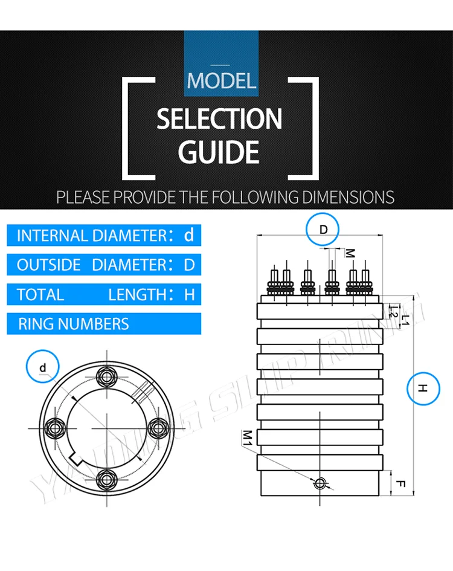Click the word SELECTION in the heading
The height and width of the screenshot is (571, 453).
(x=219, y=119)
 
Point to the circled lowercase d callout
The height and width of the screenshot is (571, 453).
(x=43, y=367)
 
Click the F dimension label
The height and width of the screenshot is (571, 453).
(x=400, y=483)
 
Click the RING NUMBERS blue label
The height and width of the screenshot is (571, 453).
(x=104, y=324)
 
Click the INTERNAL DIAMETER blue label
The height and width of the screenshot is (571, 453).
(x=104, y=235)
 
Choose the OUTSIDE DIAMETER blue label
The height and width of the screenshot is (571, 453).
(x=104, y=265)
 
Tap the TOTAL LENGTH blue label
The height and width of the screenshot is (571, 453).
(x=104, y=294)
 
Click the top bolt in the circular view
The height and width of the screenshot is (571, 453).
(x=107, y=376)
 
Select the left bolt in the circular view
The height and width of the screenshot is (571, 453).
(x=56, y=427)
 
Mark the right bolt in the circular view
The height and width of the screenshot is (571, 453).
(x=158, y=427)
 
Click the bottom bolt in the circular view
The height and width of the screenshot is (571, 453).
(x=107, y=478)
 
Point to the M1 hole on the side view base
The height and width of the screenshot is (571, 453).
(x=320, y=482)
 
